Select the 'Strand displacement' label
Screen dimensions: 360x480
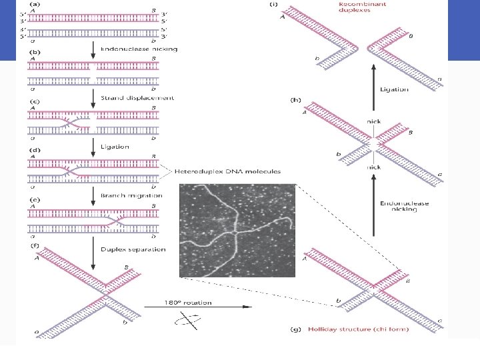pyautogui.click(x=137, y=97)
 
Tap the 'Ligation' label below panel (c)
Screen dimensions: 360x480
pyautogui.click(x=115, y=147)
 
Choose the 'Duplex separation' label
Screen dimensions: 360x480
pyautogui.click(x=133, y=249)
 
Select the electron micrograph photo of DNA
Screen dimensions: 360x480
pyautogui.click(x=237, y=229)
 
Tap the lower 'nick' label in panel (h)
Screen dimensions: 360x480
pyautogui.click(x=373, y=168)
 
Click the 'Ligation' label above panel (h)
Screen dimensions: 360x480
pyautogui.click(x=394, y=89)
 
